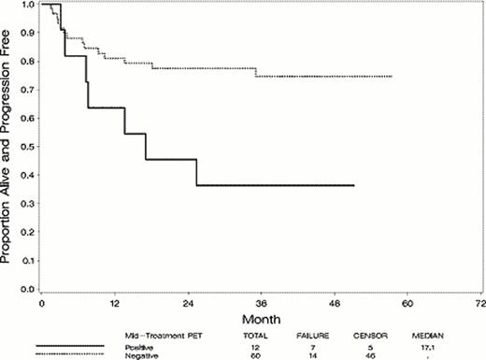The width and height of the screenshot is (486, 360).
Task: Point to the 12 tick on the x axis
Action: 115,294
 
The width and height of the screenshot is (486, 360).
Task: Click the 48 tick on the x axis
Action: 334,294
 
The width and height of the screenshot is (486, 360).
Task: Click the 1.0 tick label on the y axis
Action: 28,5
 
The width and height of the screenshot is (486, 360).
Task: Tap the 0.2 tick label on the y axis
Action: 28,233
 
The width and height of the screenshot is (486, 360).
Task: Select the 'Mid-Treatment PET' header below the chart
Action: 158,333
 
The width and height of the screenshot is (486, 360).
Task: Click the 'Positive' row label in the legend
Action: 138,344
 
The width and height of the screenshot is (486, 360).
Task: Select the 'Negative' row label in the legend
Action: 139,353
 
